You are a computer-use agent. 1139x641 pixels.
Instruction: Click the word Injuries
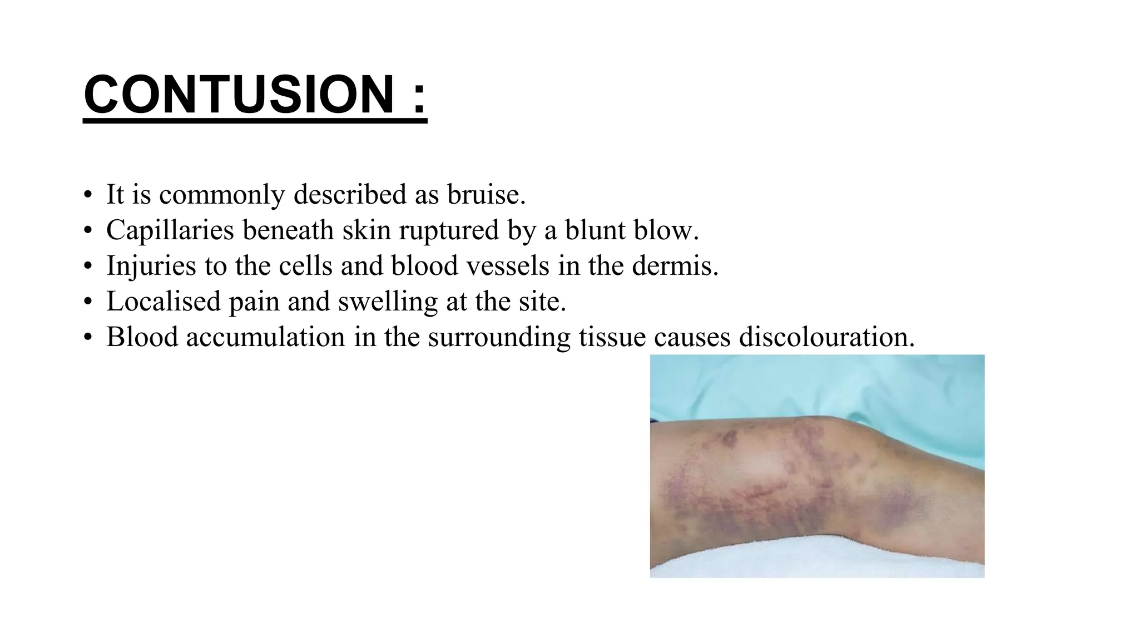pos(151,266)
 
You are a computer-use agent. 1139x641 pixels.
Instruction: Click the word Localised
pos(164,302)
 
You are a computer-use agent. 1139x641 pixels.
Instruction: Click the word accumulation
pos(265,337)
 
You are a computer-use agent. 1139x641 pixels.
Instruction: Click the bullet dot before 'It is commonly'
pos(87,196)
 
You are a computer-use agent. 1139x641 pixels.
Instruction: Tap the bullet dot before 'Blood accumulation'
pos(87,338)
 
